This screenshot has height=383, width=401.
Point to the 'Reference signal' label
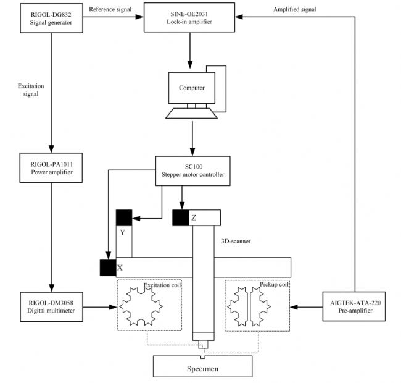click(110, 9)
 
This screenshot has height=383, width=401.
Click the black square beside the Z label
click(181, 217)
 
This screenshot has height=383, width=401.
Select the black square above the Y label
click(124, 217)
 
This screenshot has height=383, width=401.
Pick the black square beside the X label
click(107, 267)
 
